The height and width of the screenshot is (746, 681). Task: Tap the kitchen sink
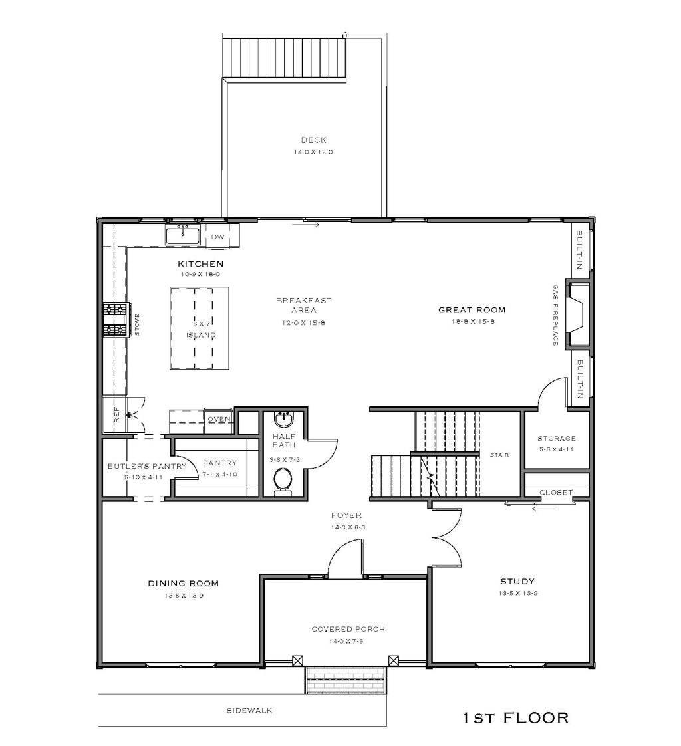183,236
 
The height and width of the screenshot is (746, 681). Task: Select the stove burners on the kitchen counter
116,320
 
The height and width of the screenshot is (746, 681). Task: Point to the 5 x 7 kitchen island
200,328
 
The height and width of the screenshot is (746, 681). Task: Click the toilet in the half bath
283,481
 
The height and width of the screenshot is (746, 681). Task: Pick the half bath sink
284,419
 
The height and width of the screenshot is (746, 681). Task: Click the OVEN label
219,419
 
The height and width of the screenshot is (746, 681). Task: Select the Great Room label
472,310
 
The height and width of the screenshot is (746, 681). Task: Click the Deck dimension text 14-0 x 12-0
313,152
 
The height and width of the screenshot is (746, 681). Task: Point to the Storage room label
557,439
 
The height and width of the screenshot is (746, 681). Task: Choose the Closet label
556,493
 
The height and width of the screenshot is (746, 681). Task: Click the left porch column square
297,660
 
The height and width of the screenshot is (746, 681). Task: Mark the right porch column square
393,660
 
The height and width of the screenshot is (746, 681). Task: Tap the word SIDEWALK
249,710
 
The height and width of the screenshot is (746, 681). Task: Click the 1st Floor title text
516,717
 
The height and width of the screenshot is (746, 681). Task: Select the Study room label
517,581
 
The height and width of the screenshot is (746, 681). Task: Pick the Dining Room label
183,583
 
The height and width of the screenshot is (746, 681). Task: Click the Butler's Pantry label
146,466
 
